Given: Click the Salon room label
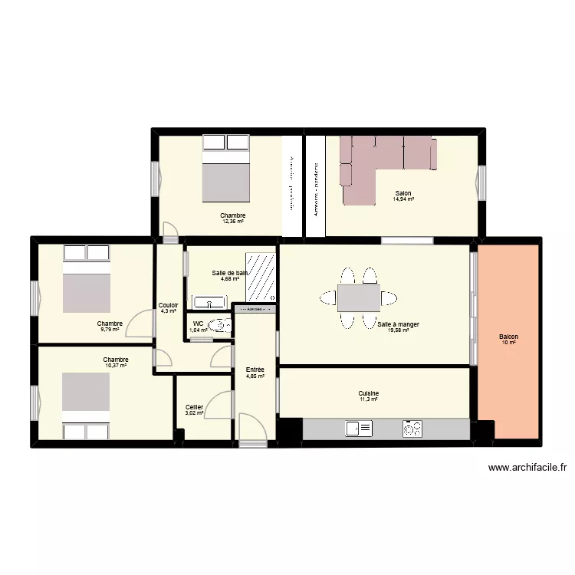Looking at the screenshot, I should [402, 193].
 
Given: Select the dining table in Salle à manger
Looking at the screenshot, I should [359, 297].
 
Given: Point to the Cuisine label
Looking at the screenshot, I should [369, 393].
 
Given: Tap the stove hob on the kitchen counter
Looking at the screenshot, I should [412, 429].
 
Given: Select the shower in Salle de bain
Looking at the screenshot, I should [261, 276].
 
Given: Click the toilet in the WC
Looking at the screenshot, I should [220, 326].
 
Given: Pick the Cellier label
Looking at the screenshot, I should [194, 407].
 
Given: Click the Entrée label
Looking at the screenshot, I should [255, 370].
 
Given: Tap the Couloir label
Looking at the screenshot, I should [169, 305].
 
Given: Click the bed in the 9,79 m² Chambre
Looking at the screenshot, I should [87, 281].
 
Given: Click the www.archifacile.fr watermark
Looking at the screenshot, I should [527, 468].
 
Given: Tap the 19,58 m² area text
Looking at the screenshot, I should [398, 330].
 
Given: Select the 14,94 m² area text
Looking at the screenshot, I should [403, 199].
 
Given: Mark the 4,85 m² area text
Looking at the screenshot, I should [255, 376].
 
